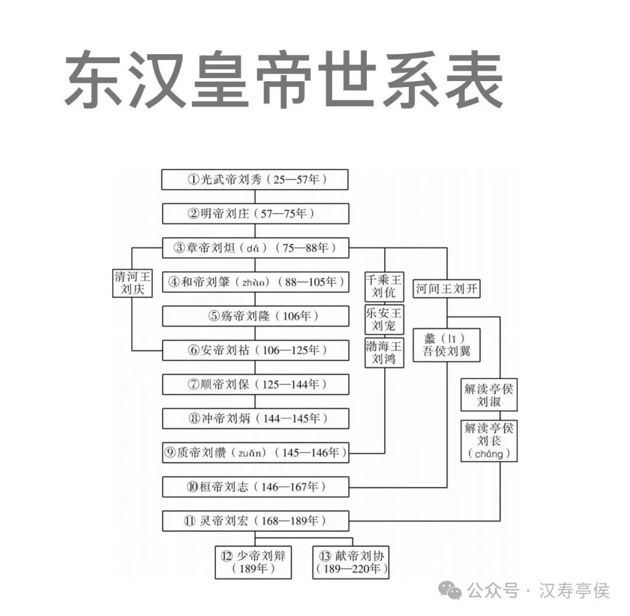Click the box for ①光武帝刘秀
(x=255, y=180)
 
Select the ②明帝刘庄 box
(x=255, y=213)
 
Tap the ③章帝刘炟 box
(x=255, y=248)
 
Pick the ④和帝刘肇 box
(x=255, y=282)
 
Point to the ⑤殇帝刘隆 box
(x=255, y=316)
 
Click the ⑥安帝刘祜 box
(x=255, y=351)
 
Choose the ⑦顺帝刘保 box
(x=255, y=384)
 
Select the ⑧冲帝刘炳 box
(x=255, y=418)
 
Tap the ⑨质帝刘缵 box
(x=255, y=453)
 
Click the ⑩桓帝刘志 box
(x=255, y=487)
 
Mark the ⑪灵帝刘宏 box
(x=255, y=520)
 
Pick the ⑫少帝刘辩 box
(x=254, y=562)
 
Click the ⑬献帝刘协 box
(x=351, y=562)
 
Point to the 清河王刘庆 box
(x=132, y=282)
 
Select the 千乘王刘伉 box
(x=384, y=286)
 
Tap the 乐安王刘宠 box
(x=384, y=319)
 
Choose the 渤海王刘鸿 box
(x=384, y=352)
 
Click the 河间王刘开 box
(x=447, y=288)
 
